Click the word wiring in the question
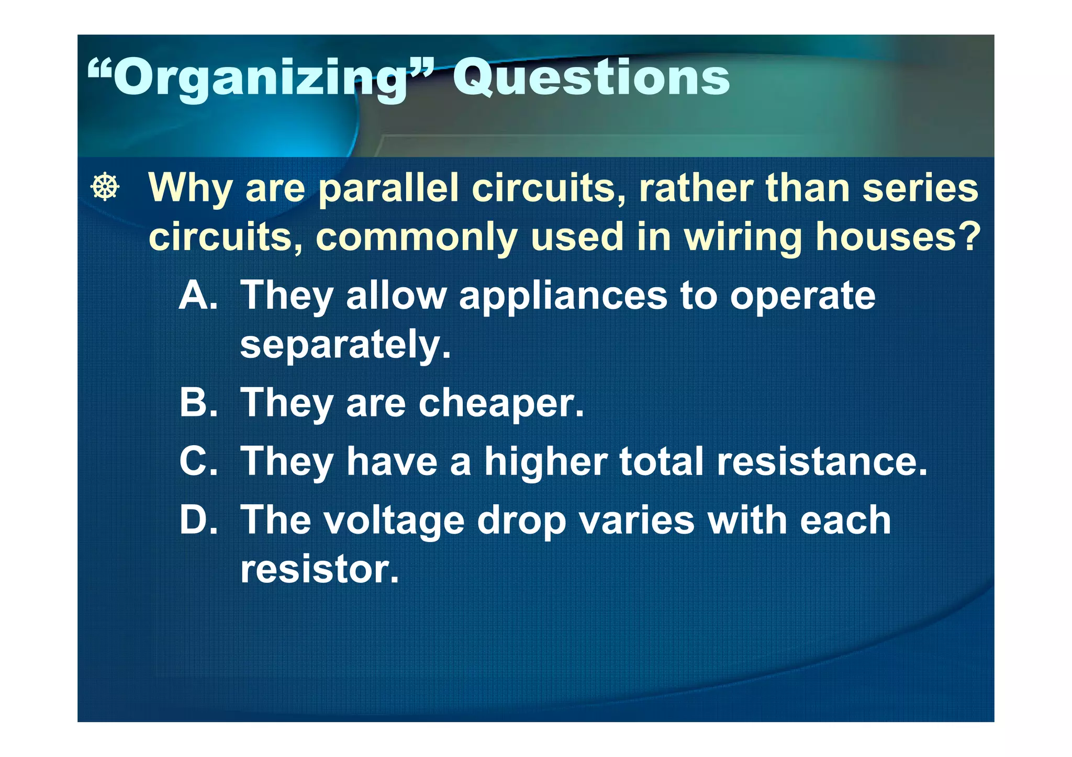743,238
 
